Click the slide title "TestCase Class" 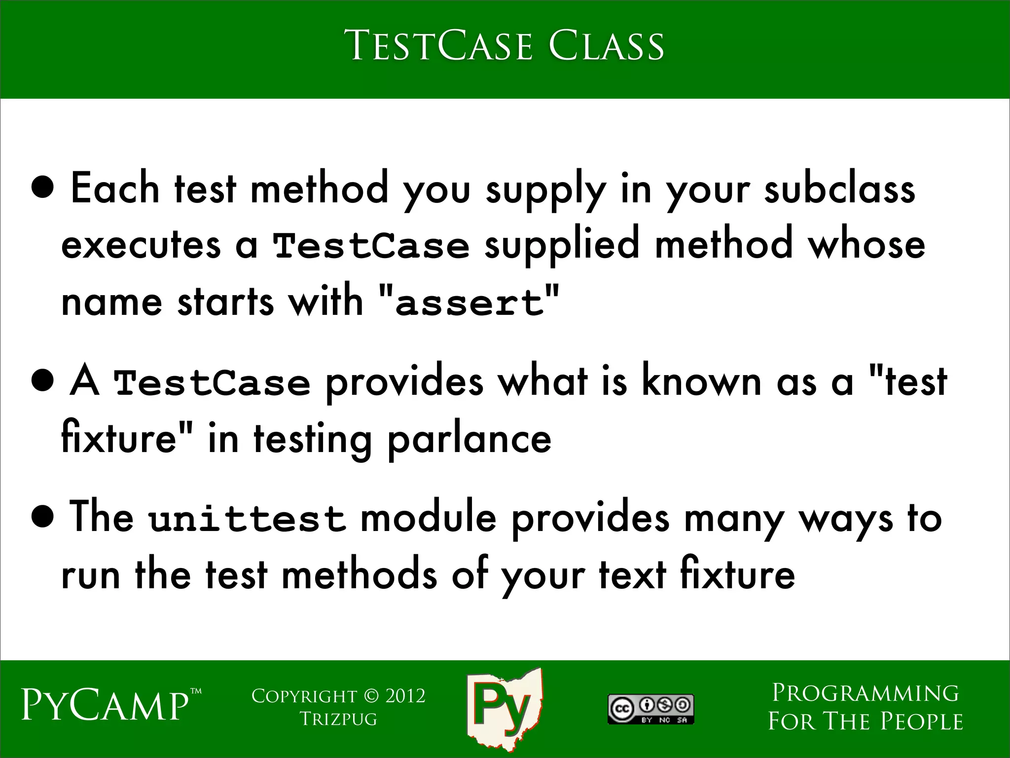pos(504,46)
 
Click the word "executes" pos(141,246)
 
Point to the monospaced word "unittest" pos(247,519)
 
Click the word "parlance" pos(469,439)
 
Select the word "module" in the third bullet pos(428,518)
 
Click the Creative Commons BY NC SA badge pos(650,709)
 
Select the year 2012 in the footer pos(405,696)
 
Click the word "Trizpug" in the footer pos(338,719)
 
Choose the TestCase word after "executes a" pos(371,246)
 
